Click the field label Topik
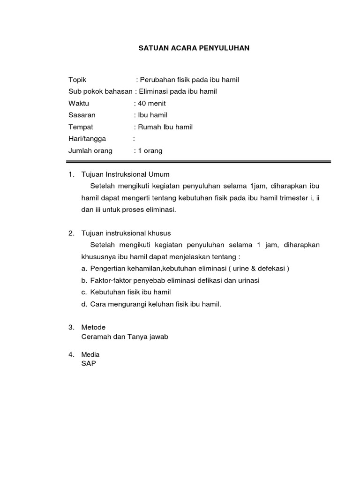(77, 80)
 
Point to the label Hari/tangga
(87, 139)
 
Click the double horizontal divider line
(200, 162)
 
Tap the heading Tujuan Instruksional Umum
(125, 174)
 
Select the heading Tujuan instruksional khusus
(126, 233)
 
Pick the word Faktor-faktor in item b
(109, 280)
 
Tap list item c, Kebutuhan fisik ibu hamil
(130, 292)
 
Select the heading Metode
(93, 327)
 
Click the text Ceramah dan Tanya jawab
(125, 337)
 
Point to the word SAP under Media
(88, 363)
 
